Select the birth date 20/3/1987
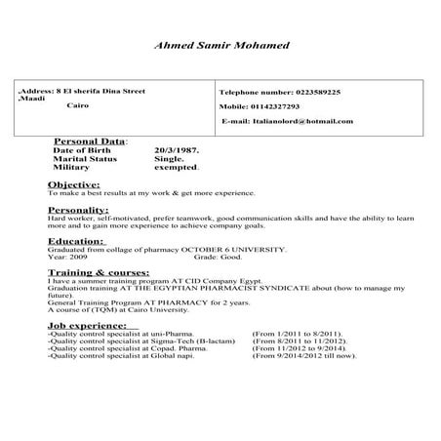click(x=177, y=149)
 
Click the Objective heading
click(x=73, y=183)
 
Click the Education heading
click(x=75, y=240)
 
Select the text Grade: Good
click(x=217, y=258)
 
